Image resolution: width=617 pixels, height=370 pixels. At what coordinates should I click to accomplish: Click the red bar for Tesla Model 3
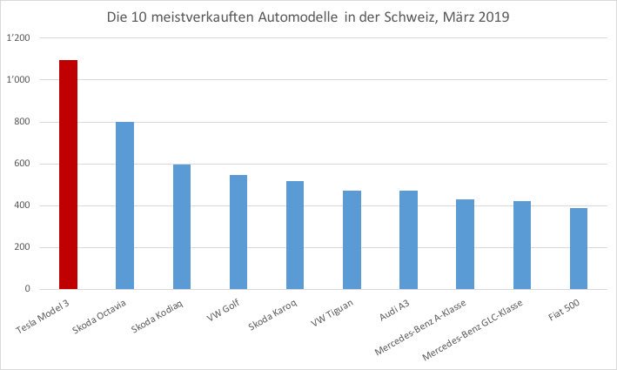(x=68, y=175)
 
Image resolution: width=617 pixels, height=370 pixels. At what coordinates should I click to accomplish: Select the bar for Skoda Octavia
(x=125, y=205)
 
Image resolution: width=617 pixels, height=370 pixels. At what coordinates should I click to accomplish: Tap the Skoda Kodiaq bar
(x=182, y=226)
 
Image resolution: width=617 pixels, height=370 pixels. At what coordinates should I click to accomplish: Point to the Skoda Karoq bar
(x=295, y=235)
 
